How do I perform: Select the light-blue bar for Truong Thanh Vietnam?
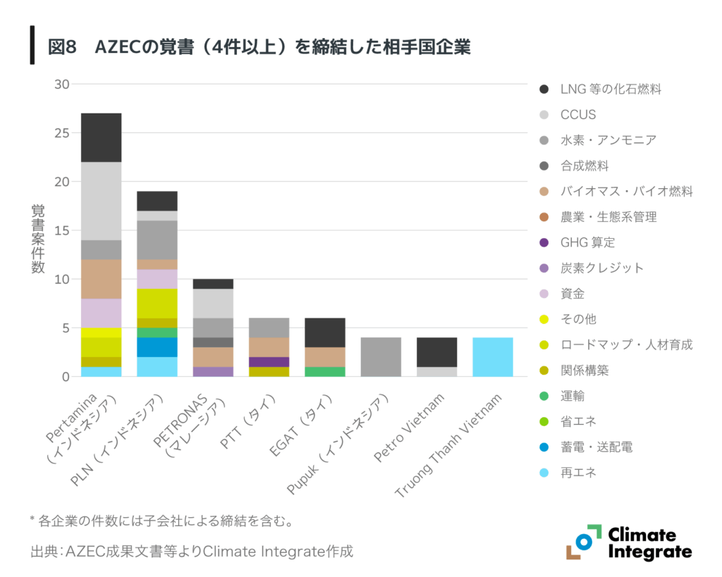(492, 356)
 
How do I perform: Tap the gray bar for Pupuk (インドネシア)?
(381, 356)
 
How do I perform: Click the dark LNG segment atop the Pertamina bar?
(101, 137)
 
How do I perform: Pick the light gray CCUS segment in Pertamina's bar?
(101, 201)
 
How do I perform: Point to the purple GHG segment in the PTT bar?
(269, 361)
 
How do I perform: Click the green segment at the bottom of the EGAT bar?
(324, 371)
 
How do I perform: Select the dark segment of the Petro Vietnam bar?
(436, 352)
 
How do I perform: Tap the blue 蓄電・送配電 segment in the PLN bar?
(157, 347)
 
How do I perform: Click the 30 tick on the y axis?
(61, 84)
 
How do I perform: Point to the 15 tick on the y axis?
(61, 230)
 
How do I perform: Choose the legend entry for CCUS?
(577, 114)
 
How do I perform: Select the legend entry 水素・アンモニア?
(608, 140)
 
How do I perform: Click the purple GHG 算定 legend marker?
(544, 242)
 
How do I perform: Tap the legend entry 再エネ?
(578, 473)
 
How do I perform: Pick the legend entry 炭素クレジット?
(601, 268)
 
